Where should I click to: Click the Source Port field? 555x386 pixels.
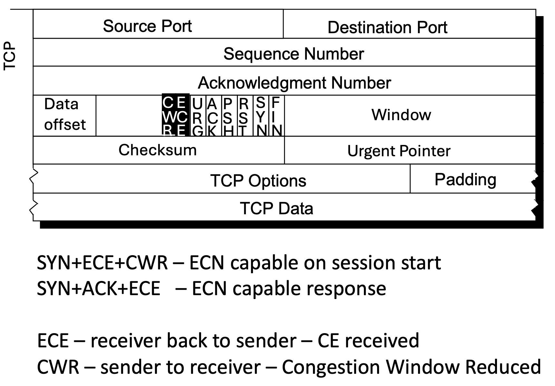click(x=147, y=26)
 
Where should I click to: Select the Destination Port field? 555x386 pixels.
click(x=387, y=27)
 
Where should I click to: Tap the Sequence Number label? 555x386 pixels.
click(x=294, y=54)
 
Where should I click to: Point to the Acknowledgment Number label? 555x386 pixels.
click(x=294, y=83)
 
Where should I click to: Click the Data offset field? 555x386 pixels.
click(x=65, y=115)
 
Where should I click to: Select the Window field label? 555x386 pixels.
click(x=401, y=115)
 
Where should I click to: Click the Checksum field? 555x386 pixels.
click(x=158, y=150)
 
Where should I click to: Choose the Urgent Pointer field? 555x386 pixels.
click(x=399, y=151)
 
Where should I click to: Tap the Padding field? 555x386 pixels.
click(x=465, y=179)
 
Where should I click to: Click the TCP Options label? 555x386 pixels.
click(x=258, y=180)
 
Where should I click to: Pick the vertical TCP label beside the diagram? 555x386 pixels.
click(x=10, y=55)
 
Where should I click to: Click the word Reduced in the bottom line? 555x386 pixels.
click(x=503, y=367)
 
